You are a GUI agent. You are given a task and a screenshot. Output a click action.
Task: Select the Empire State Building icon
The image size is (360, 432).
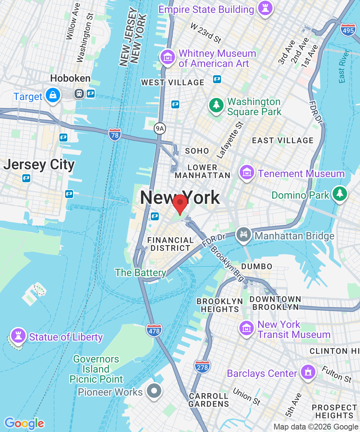pos(265,9)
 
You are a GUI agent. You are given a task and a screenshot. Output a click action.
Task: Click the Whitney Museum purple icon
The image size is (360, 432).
pos(168,58)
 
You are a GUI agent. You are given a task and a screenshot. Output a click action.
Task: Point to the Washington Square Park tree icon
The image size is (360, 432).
pos(216,105)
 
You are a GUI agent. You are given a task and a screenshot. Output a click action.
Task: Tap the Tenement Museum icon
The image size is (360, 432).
pos(247,173)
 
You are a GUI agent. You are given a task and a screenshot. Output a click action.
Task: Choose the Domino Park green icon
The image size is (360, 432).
pos(339,194)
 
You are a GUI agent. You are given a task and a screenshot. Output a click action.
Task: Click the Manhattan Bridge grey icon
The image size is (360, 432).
pos(244,235)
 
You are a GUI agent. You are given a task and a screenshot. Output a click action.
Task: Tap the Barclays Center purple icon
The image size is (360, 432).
pos(307,372)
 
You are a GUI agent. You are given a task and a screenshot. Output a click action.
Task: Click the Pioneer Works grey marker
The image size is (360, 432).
pos(154,391)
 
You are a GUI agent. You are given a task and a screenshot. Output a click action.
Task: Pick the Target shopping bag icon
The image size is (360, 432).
pos(53,95)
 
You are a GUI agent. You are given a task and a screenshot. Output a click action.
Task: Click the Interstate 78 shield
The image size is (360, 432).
pos(114,134)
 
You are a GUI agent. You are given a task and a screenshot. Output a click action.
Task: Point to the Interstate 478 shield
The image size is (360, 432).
pos(154,330)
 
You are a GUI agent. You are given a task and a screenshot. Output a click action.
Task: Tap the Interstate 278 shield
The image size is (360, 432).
pos(202,366)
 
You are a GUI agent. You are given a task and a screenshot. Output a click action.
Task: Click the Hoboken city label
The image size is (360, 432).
pos(70,78)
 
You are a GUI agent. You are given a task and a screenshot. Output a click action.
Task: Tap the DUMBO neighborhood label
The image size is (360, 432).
pos(257,266)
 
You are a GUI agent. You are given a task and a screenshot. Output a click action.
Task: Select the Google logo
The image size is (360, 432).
pos(24,423)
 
